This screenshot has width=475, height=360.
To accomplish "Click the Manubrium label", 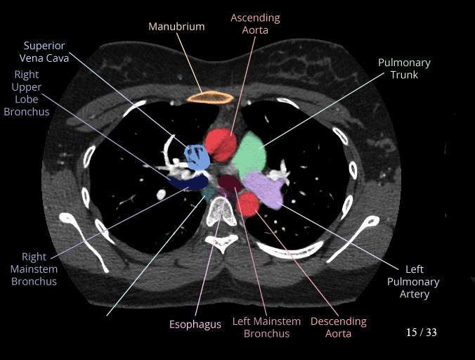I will coord(176,27).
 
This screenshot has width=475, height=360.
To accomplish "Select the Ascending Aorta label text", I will coord(255,24).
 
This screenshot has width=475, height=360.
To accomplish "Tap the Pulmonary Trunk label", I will coord(404,69).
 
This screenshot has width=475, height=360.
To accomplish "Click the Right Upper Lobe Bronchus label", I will coord(30,93).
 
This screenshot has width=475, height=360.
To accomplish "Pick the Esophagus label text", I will coord(195,325).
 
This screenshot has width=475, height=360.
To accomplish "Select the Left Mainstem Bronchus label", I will coord(266,328).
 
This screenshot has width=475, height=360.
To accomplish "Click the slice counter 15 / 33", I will coord(421,332).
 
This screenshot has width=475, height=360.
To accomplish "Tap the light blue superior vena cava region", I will coord(197,156).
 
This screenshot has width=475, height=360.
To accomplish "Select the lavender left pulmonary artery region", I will coord(265,189).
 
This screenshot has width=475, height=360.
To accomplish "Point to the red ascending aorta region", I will coord(221,144).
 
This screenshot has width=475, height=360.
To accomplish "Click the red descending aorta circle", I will coord(247,205).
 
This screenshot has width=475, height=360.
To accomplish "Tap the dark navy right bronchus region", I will coord(183,181).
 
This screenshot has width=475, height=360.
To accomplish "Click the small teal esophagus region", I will coord(209,191).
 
